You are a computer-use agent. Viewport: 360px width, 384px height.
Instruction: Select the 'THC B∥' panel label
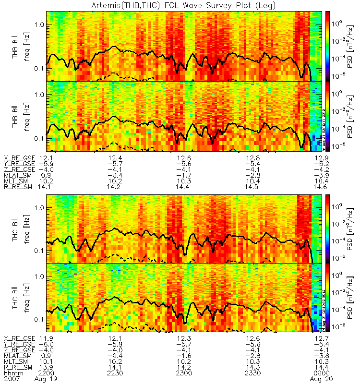point(16,297)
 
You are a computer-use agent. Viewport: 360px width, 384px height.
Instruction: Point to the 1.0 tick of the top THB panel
point(38,24)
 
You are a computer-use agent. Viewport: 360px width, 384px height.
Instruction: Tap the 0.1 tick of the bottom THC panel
point(38,319)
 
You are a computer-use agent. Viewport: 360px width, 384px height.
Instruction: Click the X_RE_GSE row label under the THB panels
point(20,158)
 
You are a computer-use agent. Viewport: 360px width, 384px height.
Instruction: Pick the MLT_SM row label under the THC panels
point(16,360)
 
